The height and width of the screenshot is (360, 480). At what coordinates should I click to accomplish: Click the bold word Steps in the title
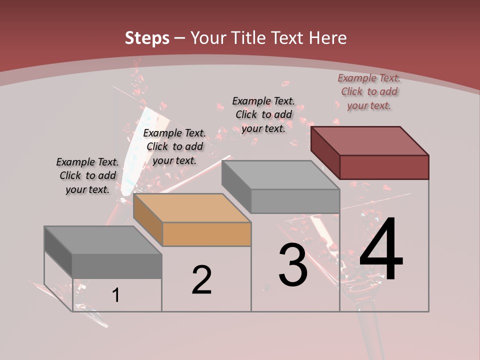pyautogui.click(x=147, y=38)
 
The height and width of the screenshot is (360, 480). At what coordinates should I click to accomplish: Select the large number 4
pyautogui.click(x=381, y=250)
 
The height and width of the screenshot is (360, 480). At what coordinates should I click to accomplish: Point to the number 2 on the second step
pyautogui.click(x=202, y=280)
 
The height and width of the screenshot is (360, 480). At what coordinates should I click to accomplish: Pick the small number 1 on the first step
pyautogui.click(x=116, y=295)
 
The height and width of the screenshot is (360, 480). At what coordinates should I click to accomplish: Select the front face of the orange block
pyautogui.click(x=207, y=234)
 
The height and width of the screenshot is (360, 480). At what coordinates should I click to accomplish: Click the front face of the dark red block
pyautogui.click(x=384, y=167)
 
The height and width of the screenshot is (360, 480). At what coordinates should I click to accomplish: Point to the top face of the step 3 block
pyautogui.click(x=280, y=175)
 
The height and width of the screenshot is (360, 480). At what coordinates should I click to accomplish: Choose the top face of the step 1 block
pyautogui.click(x=103, y=240)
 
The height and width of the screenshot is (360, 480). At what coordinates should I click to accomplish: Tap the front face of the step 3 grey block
pyautogui.click(x=295, y=201)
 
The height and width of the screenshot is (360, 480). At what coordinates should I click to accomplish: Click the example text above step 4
pyautogui.click(x=369, y=92)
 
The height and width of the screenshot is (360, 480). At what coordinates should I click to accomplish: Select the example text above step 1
pyautogui.click(x=87, y=175)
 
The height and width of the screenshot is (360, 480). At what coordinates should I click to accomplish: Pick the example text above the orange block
pyautogui.click(x=174, y=146)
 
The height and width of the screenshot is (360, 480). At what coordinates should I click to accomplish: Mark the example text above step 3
pyautogui.click(x=263, y=114)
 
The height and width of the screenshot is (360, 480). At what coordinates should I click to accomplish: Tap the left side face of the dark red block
pyautogui.click(x=325, y=152)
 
